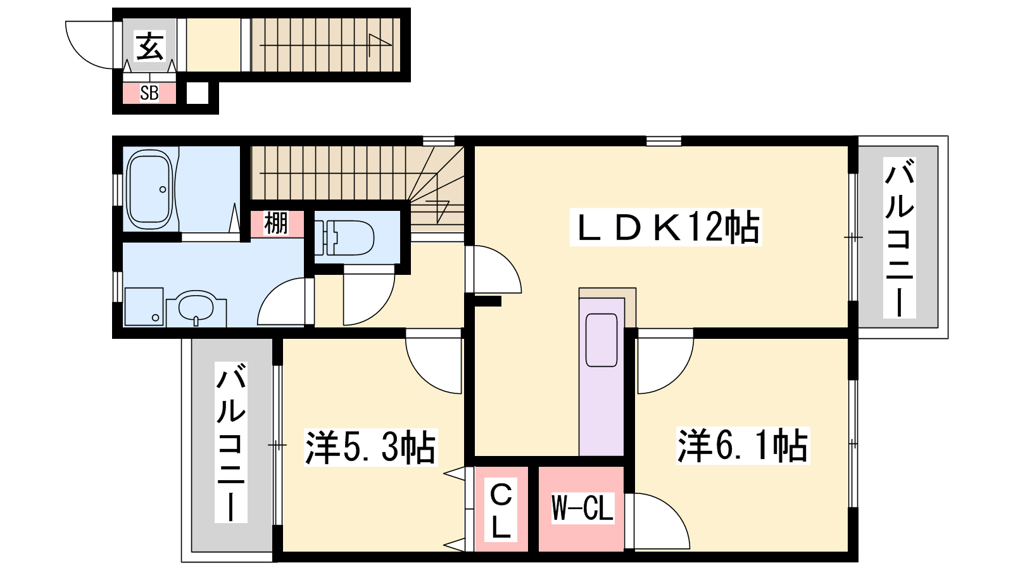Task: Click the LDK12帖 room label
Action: (x=665, y=227)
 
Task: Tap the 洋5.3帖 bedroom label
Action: (x=370, y=447)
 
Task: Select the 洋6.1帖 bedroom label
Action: (x=743, y=446)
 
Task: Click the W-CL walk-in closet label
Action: (x=582, y=508)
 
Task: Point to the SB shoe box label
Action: (x=149, y=93)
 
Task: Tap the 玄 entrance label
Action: (x=149, y=46)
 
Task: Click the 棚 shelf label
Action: (x=276, y=224)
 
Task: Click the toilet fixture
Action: (x=344, y=237)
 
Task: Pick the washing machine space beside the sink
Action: (x=144, y=307)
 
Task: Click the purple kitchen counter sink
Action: (x=601, y=340)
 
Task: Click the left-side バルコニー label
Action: (x=231, y=443)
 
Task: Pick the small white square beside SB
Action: (x=198, y=93)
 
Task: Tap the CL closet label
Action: (x=501, y=510)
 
